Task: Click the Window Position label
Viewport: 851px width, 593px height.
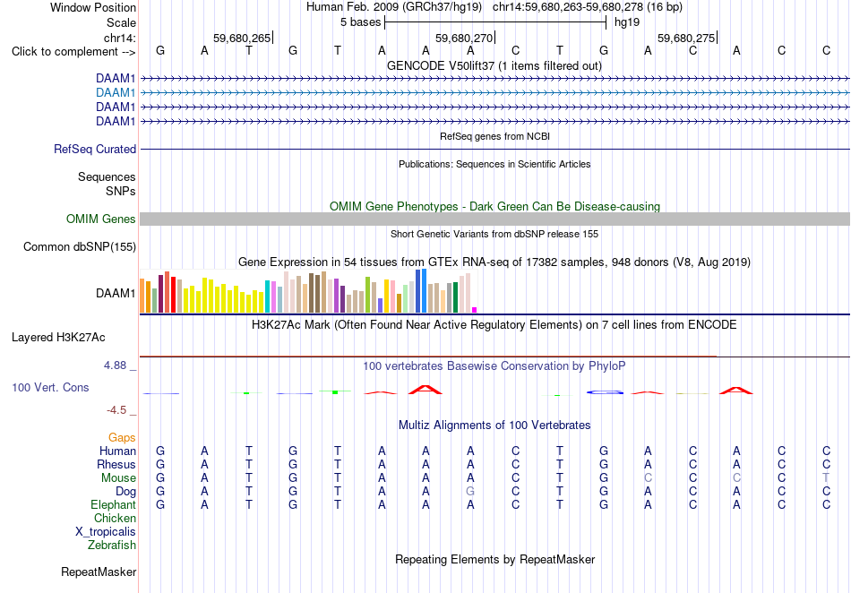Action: click(93, 7)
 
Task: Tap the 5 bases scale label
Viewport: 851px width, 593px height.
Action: click(360, 22)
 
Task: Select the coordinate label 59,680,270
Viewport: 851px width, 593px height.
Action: click(464, 38)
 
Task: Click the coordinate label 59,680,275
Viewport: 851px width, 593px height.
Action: click(686, 38)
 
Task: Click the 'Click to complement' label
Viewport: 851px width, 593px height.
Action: click(73, 52)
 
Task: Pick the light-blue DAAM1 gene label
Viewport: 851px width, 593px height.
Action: click(116, 93)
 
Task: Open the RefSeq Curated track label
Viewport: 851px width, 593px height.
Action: click(95, 150)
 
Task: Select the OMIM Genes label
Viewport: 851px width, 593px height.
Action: click(101, 219)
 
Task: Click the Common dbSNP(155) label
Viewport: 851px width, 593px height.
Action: click(80, 247)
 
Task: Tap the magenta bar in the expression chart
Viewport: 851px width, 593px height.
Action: click(475, 310)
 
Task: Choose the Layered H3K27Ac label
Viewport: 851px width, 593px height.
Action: click(58, 338)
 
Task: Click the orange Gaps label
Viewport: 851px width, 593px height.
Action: click(122, 437)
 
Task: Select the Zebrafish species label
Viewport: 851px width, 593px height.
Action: click(112, 545)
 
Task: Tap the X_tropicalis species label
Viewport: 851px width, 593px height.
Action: click(106, 532)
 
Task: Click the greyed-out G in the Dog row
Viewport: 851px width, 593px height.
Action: click(470, 491)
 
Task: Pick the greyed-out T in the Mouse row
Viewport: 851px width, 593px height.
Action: click(826, 477)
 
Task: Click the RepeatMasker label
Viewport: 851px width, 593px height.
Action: click(99, 572)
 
